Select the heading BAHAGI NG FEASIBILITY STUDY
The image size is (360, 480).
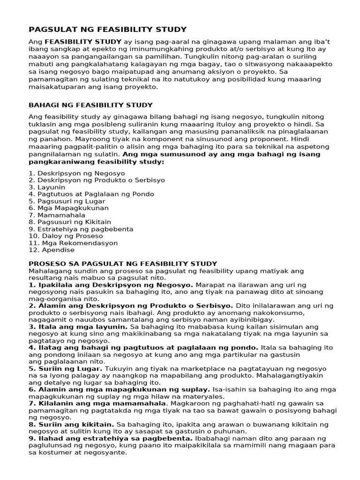(x=90, y=105)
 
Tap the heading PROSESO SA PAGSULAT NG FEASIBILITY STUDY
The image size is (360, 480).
(x=123, y=264)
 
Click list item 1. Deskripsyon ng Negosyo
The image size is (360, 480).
(x=70, y=173)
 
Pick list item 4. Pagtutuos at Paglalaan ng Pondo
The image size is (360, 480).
(x=91, y=194)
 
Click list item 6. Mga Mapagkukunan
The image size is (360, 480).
(x=68, y=208)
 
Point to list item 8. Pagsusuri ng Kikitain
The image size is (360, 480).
(x=70, y=222)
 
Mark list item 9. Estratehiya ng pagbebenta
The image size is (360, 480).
(x=81, y=229)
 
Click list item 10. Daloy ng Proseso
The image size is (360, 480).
(x=65, y=236)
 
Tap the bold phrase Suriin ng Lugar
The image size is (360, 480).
(x=70, y=369)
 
